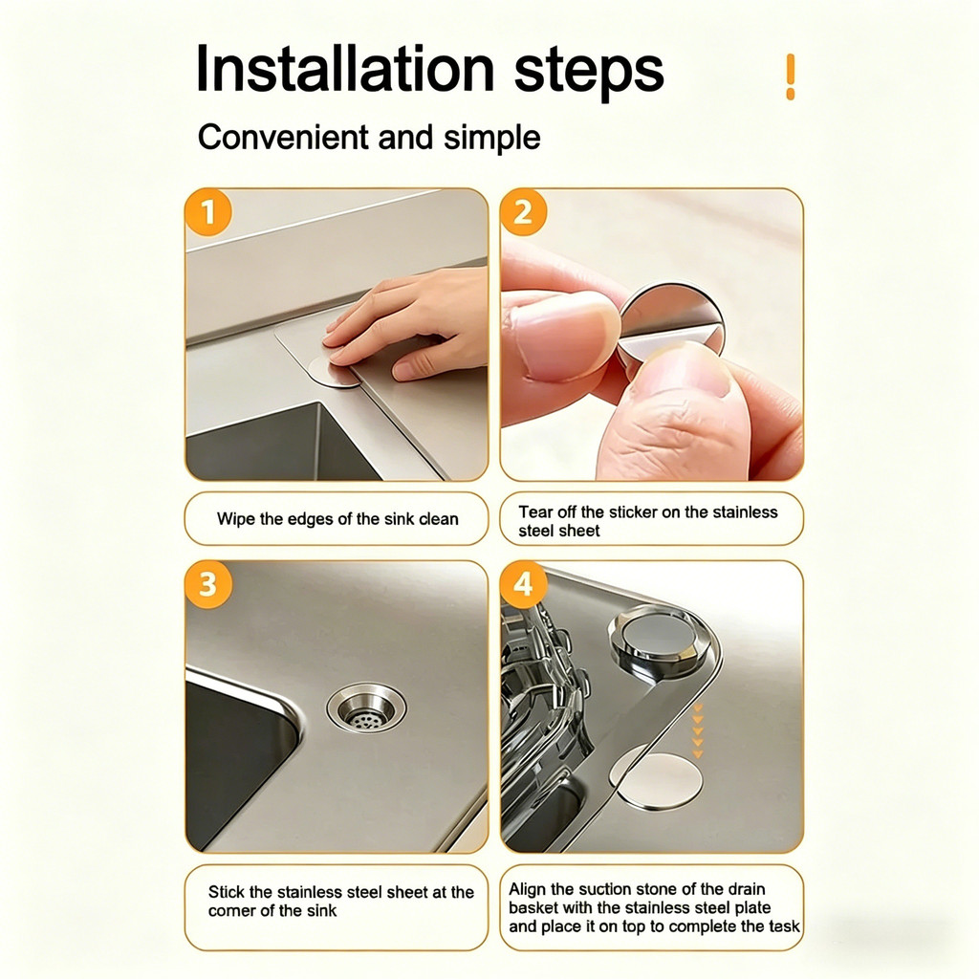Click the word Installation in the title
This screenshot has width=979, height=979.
(345, 69)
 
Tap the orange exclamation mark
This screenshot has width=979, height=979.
(791, 76)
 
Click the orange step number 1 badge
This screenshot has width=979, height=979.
(208, 212)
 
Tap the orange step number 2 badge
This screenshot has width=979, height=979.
(523, 212)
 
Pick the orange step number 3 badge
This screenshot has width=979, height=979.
(208, 585)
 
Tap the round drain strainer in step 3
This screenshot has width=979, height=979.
(366, 708)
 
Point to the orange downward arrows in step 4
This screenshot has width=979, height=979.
(698, 730)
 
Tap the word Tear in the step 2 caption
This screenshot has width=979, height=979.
(535, 512)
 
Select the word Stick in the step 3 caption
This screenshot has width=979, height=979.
(226, 892)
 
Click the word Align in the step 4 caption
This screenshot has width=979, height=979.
(528, 890)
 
